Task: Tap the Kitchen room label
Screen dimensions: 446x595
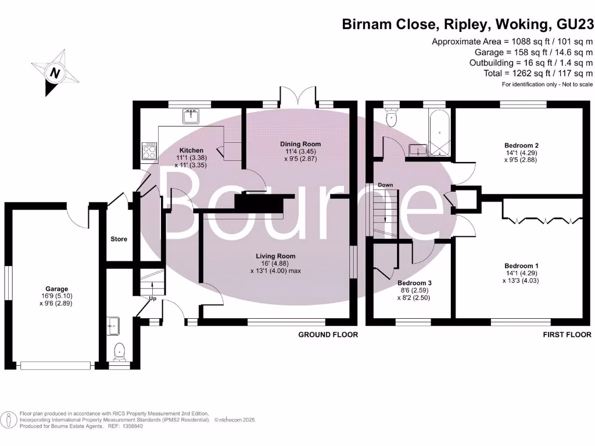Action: [191, 150]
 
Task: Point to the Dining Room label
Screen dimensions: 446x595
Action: [300, 144]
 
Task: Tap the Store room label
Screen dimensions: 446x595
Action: [119, 239]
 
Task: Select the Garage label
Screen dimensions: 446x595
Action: [57, 289]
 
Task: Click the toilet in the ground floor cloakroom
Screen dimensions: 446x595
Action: [119, 351]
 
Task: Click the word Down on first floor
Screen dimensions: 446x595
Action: [385, 185]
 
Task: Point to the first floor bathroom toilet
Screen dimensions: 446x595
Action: [392, 118]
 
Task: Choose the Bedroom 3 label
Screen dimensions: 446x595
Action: [414, 283]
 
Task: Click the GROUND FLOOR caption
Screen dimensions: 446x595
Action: [328, 334]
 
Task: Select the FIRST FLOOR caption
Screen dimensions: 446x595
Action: [567, 334]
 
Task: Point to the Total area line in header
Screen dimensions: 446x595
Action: [537, 73]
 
